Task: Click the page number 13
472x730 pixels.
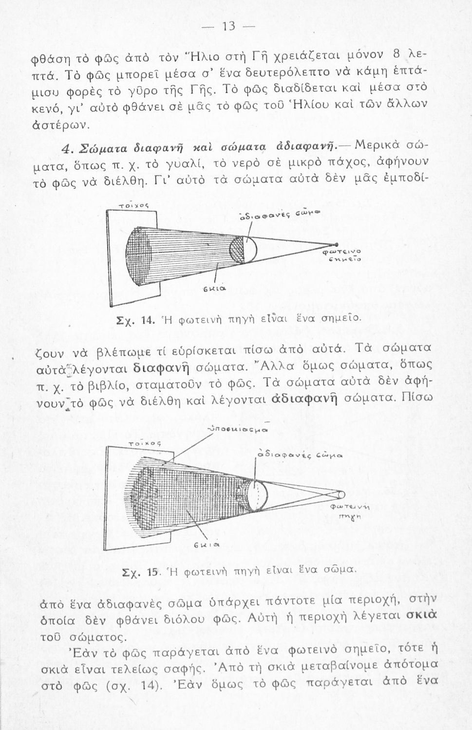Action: click(229, 27)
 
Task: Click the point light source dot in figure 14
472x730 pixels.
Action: click(336, 244)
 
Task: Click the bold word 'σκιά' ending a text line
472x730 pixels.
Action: click(421, 617)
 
